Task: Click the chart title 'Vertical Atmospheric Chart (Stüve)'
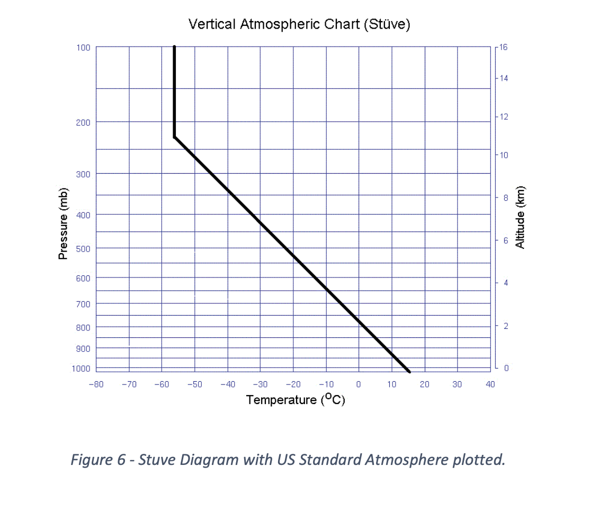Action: (x=299, y=24)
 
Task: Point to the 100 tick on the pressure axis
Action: (x=83, y=48)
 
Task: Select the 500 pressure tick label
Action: (x=83, y=248)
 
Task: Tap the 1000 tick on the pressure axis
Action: (x=81, y=369)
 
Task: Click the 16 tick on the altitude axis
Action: (x=503, y=47)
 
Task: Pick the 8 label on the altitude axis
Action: (x=505, y=198)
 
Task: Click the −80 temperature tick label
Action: (x=96, y=384)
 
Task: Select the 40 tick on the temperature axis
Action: (x=490, y=384)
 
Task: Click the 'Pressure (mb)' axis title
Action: (x=63, y=224)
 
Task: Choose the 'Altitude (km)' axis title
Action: (x=520, y=217)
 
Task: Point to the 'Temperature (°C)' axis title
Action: (x=296, y=400)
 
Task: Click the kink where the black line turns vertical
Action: (x=174, y=137)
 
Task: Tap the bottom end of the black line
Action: (x=409, y=372)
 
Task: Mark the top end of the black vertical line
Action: (x=174, y=47)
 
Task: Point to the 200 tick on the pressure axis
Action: (x=83, y=122)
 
